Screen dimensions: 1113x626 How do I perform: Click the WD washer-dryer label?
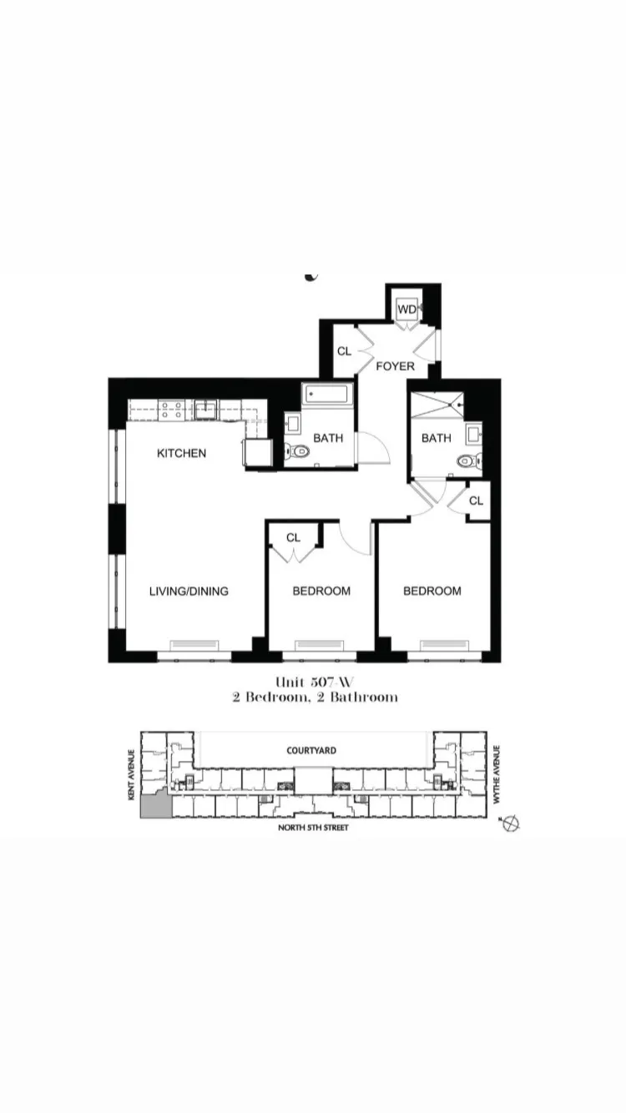click(406, 310)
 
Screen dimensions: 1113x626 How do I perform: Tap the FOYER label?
click(395, 365)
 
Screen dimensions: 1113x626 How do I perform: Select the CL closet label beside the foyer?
click(344, 351)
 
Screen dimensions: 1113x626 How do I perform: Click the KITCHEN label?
click(181, 453)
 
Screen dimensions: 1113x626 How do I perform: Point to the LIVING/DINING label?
click(189, 591)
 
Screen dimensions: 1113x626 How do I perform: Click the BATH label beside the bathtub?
click(328, 438)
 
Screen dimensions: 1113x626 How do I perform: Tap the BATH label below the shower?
click(436, 438)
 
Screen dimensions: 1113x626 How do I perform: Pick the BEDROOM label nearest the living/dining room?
click(321, 591)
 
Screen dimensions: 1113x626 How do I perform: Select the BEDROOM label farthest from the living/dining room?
click(432, 591)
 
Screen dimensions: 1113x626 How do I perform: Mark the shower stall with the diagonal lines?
click(436, 406)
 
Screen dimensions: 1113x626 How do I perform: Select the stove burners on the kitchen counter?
click(173, 409)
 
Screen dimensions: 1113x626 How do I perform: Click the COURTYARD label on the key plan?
click(311, 750)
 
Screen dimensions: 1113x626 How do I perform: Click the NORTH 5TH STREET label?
click(313, 828)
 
